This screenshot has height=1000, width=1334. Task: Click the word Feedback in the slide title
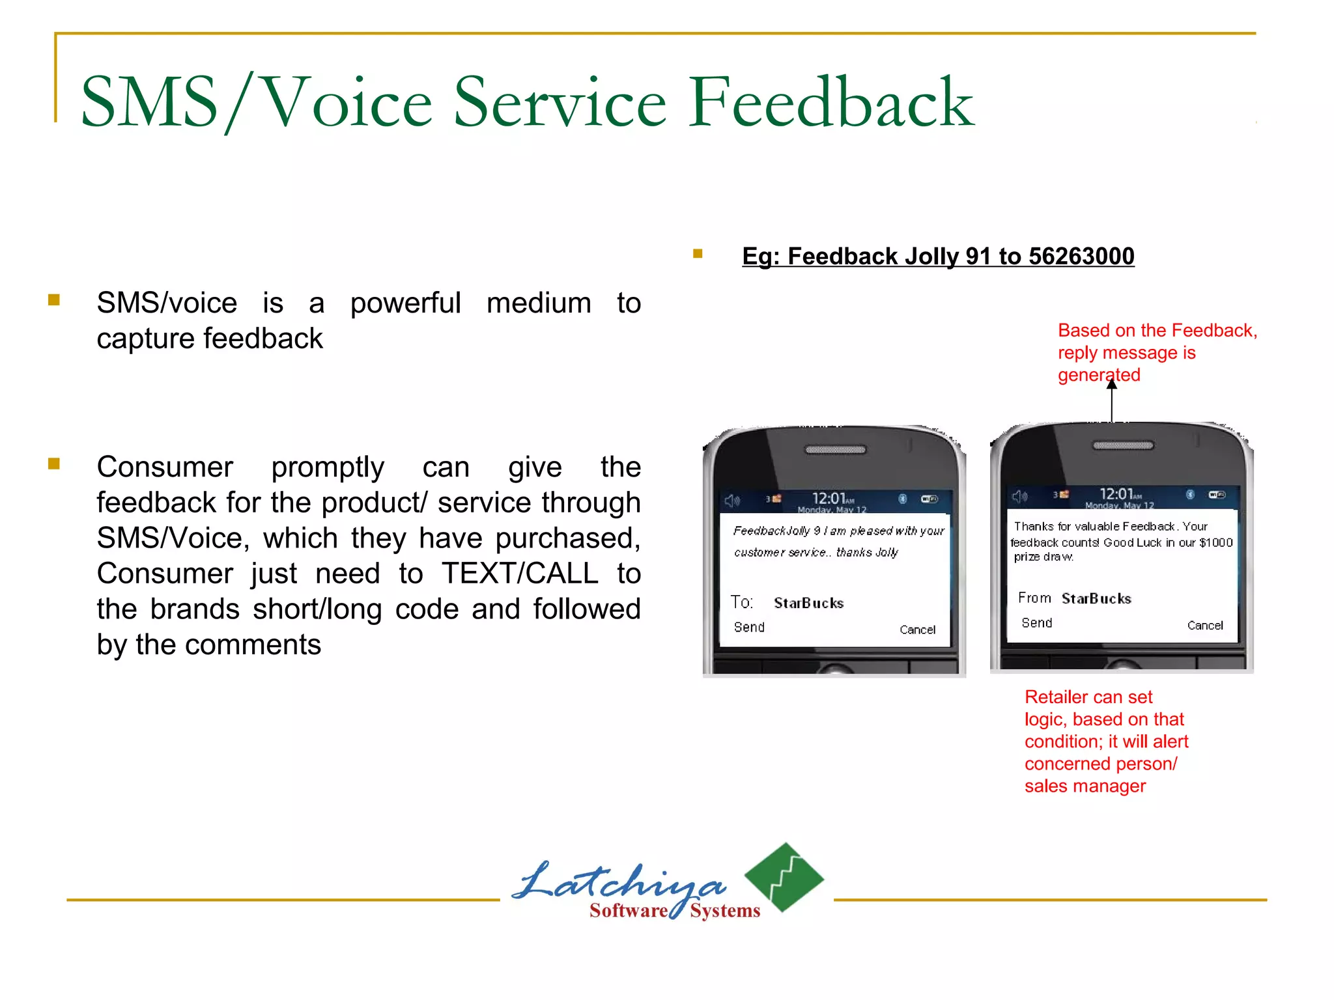click(830, 102)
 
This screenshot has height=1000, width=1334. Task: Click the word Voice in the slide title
click(348, 102)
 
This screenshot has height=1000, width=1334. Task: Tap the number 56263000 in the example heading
click(1081, 257)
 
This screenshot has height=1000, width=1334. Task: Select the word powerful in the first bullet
click(405, 303)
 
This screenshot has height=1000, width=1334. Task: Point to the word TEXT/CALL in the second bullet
click(520, 574)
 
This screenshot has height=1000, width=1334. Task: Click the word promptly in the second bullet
click(328, 467)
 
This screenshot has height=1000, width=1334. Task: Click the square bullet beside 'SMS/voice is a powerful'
click(54, 300)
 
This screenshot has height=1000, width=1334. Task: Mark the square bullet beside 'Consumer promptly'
click(54, 464)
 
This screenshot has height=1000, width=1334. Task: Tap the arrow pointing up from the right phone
click(1112, 400)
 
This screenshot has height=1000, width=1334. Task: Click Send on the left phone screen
click(749, 627)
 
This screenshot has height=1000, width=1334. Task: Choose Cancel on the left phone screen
click(917, 630)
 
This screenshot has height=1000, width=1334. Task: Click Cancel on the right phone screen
click(1205, 625)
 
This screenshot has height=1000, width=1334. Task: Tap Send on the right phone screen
click(1037, 623)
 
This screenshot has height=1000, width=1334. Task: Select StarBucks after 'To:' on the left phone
click(808, 603)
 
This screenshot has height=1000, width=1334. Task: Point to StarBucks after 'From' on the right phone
click(1096, 598)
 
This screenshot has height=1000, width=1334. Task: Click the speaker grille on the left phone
click(836, 449)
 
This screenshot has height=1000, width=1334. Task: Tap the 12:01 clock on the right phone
click(1116, 494)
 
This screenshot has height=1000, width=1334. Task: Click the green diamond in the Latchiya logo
click(784, 877)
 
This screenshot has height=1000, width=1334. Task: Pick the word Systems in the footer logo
click(725, 911)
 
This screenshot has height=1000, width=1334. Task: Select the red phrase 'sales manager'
click(1085, 786)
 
